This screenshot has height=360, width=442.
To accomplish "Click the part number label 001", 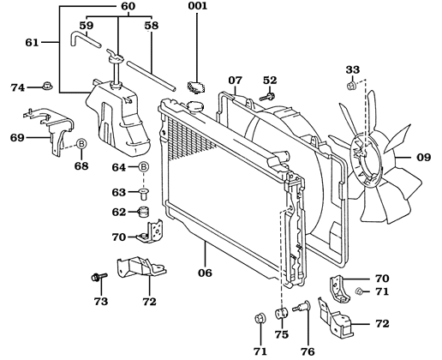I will click(198, 6).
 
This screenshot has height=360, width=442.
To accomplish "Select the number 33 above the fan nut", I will click(352, 69).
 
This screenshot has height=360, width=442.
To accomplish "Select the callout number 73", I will click(101, 303).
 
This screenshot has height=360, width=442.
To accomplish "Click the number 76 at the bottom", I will click(307, 351).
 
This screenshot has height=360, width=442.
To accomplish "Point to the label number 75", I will click(281, 335).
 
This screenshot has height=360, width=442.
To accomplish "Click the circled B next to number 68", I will click(82, 143).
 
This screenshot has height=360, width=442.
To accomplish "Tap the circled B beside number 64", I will click(144, 166).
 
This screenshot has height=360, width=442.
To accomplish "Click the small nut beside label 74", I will click(48, 87).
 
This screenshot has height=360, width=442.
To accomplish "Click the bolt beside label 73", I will click(97, 278).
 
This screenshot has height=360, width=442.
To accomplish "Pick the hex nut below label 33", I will click(352, 86).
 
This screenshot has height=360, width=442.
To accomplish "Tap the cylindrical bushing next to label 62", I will click(144, 211).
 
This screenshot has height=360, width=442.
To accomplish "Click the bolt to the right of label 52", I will click(264, 97).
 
